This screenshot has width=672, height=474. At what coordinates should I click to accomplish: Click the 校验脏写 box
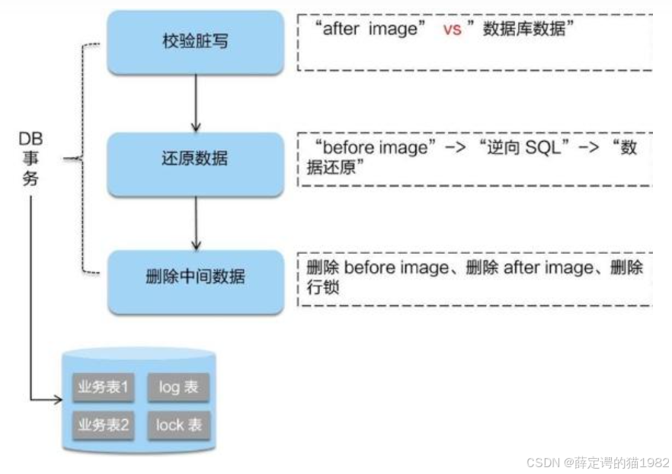tap(195, 42)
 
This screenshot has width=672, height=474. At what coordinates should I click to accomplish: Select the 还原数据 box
tap(195, 159)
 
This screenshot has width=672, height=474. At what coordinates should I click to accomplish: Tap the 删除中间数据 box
tap(195, 277)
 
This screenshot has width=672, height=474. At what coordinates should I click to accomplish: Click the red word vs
tap(453, 31)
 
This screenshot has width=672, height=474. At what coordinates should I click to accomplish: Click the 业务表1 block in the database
tap(104, 387)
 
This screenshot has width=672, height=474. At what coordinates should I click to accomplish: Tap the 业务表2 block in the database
tap(104, 424)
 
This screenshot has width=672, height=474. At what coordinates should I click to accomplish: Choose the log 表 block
tap(178, 387)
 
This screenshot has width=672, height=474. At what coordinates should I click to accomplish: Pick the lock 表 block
tap(178, 424)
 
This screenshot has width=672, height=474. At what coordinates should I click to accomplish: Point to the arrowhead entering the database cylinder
tap(58, 399)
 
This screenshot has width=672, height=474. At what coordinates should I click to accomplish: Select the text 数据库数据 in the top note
tap(527, 31)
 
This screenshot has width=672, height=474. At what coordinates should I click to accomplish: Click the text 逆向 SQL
tap(524, 148)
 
